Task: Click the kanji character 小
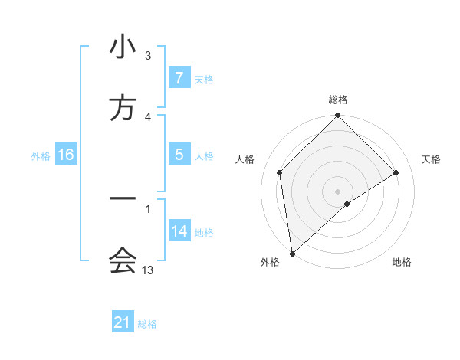click(123, 47)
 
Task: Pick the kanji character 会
click(123, 261)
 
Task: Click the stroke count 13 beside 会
click(148, 270)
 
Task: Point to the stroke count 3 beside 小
click(148, 56)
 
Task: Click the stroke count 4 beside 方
click(148, 116)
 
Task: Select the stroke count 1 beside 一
click(148, 208)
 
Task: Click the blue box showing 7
click(179, 78)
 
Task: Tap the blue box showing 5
click(179, 155)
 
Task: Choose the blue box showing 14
click(179, 231)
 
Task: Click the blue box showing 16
click(65, 155)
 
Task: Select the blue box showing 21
click(123, 322)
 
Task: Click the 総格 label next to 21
click(147, 324)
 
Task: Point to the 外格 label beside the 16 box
click(41, 156)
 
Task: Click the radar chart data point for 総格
click(337, 116)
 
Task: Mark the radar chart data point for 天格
click(396, 173)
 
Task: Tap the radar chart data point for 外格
click(291, 253)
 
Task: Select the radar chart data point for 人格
click(279, 173)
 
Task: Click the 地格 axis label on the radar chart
click(402, 263)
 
